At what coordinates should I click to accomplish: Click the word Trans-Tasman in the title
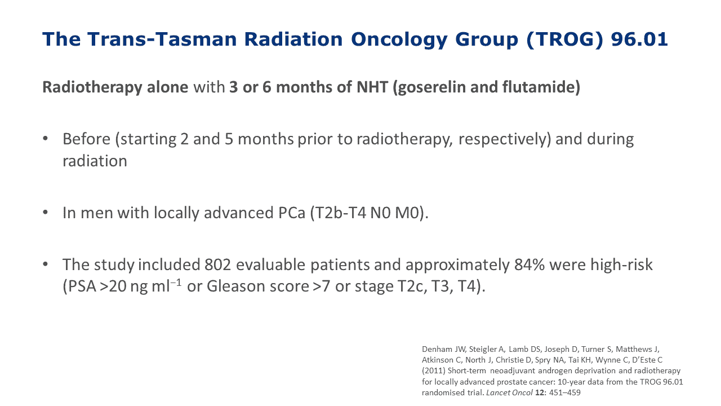(162, 39)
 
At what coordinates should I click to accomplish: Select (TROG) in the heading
(564, 40)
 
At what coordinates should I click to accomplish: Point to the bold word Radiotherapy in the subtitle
(92, 87)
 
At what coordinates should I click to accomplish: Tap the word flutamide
(541, 87)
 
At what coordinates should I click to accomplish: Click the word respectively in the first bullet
(503, 140)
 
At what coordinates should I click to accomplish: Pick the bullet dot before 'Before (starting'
(45, 139)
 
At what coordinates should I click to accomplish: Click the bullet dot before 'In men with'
(45, 213)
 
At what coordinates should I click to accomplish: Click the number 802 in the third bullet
(218, 264)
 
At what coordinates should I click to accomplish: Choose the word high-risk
(621, 265)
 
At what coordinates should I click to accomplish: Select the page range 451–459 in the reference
(565, 393)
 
